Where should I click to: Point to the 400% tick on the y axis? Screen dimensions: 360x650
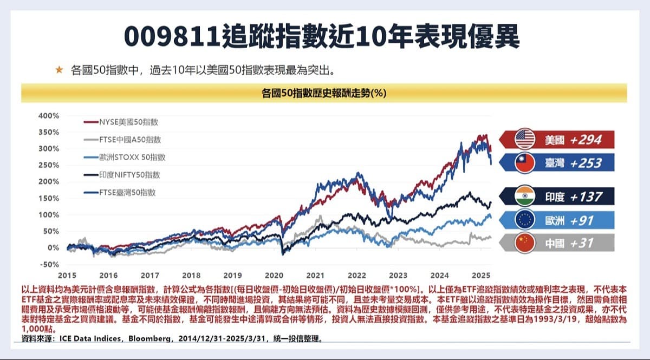49,115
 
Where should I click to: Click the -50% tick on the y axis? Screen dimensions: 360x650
49,264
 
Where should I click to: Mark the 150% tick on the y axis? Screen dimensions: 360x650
49,198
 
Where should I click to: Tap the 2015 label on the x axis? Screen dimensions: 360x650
67,274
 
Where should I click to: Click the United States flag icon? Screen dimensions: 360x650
525,139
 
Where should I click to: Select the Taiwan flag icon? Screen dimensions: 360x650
525,163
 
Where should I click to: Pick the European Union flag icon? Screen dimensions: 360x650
525,220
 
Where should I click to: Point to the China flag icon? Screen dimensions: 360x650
525,243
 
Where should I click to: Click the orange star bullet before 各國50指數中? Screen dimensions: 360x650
60,70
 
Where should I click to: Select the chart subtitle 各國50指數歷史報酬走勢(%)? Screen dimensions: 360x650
323,93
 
